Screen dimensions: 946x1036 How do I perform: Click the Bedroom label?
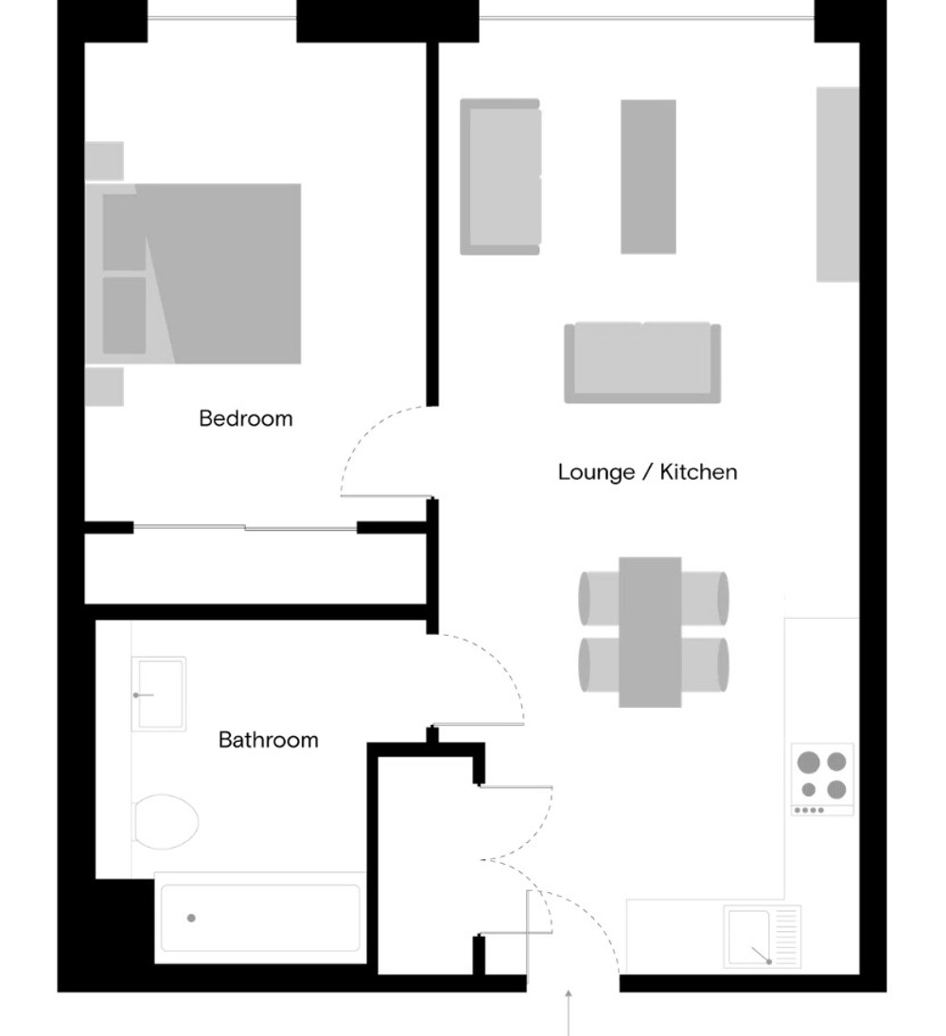[246, 419]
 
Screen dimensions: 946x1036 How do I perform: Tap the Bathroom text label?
[269, 740]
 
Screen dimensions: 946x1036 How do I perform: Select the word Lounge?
[596, 473]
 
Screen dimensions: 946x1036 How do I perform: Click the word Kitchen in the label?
[698, 472]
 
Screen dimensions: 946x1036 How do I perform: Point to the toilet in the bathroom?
[166, 822]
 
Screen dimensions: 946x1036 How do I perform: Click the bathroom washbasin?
[159, 694]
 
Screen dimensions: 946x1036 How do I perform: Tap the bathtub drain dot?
[192, 918]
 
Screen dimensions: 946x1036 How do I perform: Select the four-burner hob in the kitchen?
[822, 780]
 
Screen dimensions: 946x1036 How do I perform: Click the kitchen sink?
[762, 937]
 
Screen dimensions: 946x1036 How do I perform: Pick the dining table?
[650, 632]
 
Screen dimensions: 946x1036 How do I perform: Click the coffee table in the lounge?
[648, 176]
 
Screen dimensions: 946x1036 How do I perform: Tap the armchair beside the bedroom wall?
[500, 177]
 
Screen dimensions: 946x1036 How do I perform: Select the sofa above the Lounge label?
[642, 362]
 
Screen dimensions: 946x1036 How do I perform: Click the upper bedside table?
[104, 161]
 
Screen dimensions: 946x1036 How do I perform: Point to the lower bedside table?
[104, 387]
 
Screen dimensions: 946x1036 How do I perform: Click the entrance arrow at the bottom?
[569, 1012]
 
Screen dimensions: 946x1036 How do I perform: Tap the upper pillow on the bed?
[124, 232]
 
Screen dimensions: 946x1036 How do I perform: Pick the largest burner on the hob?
[809, 763]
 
